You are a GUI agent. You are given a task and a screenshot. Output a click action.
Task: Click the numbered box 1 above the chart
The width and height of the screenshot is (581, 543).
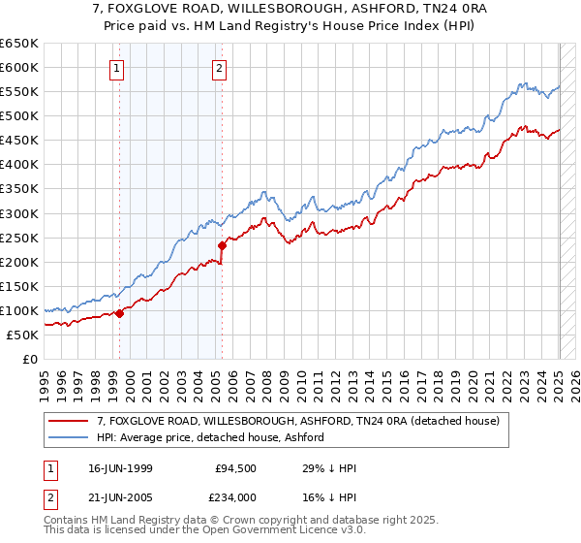tap(116, 68)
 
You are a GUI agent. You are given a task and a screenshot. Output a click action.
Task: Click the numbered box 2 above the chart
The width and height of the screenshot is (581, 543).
tap(220, 68)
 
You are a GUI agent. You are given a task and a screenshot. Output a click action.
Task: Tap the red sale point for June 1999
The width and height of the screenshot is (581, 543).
tap(119, 313)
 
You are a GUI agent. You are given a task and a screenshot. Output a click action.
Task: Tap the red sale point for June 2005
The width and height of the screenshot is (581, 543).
tap(223, 245)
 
